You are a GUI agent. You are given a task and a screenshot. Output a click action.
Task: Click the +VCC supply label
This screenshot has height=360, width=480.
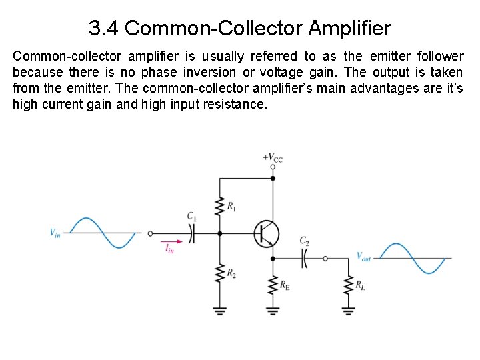tap(273, 157)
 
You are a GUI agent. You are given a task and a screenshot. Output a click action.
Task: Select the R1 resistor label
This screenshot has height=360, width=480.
tap(231, 207)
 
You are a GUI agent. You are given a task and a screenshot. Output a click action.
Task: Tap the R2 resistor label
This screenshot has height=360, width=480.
tap(231, 273)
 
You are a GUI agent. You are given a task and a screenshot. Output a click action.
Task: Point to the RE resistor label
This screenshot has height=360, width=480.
tap(285, 285)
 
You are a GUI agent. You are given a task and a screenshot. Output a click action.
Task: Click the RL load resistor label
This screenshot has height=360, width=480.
tap(360, 285)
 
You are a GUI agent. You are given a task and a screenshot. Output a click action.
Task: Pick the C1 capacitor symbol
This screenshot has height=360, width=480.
tap(192, 233)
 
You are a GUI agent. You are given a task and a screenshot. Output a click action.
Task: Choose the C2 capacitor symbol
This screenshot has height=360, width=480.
tap(305, 258)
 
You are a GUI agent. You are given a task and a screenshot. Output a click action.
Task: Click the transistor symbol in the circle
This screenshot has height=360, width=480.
tap(266, 234)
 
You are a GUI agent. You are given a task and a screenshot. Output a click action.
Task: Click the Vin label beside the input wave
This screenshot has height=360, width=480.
tap(55, 233)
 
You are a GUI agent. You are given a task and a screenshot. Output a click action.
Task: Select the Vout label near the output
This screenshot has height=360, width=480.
tap(363, 257)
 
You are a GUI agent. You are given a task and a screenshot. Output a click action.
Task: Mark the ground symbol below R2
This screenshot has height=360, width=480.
tap(219, 309)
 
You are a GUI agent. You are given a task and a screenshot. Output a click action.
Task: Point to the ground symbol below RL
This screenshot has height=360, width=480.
tap(347, 309)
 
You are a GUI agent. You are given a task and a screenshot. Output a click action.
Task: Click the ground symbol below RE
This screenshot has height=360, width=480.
tap(272, 309)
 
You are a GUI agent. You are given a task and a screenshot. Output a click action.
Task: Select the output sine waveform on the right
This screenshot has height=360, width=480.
tap(413, 258)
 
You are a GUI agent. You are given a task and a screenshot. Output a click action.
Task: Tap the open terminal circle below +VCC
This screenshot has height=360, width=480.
tap(272, 167)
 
